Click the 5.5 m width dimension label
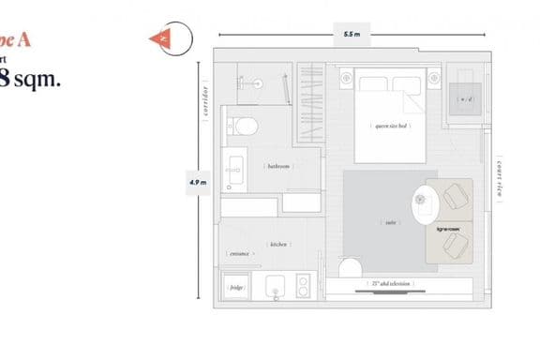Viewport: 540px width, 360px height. [x=351, y=35]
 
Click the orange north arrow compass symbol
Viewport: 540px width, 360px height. [x=162, y=38]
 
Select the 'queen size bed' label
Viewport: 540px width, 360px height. [x=390, y=126]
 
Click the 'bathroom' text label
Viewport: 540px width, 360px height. [x=278, y=166]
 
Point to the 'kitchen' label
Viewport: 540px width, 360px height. [x=278, y=244]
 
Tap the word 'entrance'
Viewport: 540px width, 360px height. [x=238, y=253]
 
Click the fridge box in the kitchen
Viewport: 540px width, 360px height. [x=238, y=288]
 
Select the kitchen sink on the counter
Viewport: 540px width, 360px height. [x=276, y=287]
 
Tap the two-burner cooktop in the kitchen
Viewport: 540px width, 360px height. [x=305, y=287]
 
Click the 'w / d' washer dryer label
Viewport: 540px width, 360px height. [x=463, y=99]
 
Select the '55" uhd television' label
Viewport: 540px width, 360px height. [x=390, y=280]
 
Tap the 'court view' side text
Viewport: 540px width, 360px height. [x=502, y=181]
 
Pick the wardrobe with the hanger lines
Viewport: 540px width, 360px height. [x=310, y=103]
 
